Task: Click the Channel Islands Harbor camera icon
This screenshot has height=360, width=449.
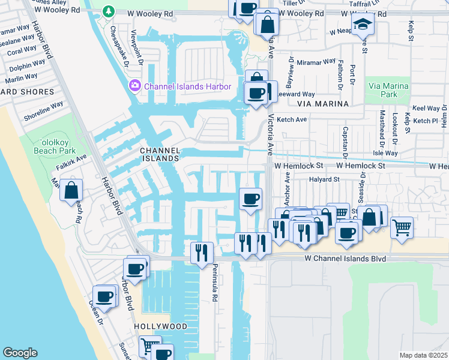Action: tap(134, 86)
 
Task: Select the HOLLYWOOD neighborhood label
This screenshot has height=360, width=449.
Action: tap(160, 326)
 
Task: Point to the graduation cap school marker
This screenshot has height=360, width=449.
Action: tap(363, 25)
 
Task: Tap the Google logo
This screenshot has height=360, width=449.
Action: tap(20, 352)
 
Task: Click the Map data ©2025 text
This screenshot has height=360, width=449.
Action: tap(423, 355)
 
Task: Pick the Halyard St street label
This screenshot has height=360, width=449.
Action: tap(324, 179)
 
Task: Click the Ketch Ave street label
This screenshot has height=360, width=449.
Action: tap(292, 119)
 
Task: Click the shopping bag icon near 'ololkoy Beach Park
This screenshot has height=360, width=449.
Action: tap(71, 191)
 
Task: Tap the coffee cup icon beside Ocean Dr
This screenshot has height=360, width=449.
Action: tap(105, 296)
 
